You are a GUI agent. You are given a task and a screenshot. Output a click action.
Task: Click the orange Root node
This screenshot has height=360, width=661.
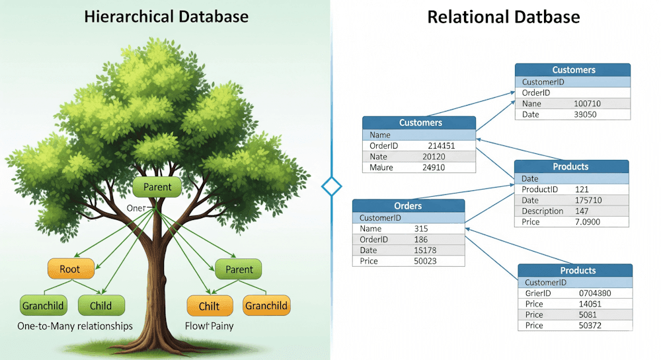(70, 270)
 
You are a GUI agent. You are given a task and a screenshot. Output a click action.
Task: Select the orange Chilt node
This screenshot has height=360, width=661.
(208, 306)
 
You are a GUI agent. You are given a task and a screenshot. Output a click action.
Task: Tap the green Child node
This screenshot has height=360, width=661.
(101, 306)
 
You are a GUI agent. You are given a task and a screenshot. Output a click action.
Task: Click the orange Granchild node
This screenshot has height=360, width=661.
(266, 305)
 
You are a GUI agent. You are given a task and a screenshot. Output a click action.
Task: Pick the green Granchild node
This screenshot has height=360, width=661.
(43, 306)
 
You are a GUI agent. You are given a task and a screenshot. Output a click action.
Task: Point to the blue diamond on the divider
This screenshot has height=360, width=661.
(331, 186)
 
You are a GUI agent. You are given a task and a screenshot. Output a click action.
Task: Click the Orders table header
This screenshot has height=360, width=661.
(408, 206)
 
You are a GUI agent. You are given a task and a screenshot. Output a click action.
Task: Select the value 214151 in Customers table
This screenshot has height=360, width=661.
(441, 145)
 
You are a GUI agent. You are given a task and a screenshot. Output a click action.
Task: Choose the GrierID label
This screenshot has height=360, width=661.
(538, 293)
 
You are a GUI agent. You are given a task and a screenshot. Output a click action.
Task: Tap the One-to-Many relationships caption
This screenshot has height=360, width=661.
(75, 326)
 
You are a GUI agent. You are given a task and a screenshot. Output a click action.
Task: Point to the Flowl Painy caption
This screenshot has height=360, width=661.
(209, 326)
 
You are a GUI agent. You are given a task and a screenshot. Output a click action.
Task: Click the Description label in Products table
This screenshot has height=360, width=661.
(542, 211)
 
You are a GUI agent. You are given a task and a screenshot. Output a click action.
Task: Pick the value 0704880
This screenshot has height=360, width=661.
(595, 293)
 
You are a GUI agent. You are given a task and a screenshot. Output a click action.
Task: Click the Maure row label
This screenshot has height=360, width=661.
(381, 167)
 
